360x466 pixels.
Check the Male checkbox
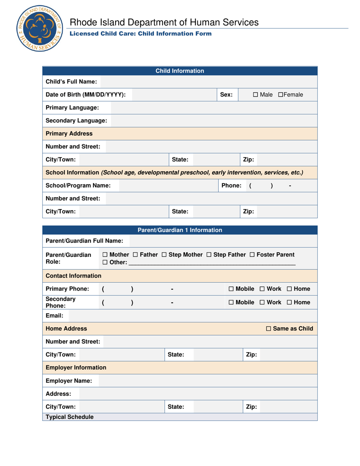255,94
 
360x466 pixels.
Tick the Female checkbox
280,94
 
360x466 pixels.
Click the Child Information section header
180,71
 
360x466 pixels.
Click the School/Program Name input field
167,185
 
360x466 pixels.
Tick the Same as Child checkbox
269,328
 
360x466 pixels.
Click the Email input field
193,316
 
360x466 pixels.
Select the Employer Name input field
208,381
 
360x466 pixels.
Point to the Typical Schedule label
69,417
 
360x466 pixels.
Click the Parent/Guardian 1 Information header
180,230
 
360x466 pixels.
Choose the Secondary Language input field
214,120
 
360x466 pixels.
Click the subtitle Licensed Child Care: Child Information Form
140,34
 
